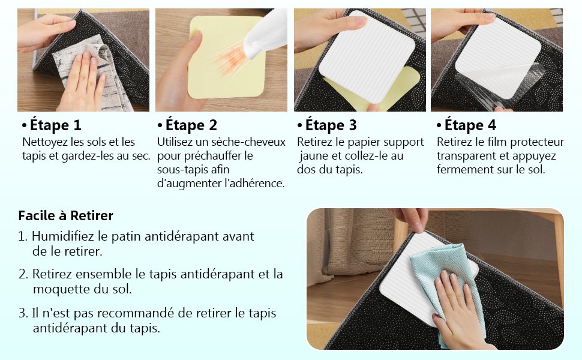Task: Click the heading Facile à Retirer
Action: [x=65, y=215]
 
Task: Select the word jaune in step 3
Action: [x=313, y=156]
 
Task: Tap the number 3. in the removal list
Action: [x=23, y=313]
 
